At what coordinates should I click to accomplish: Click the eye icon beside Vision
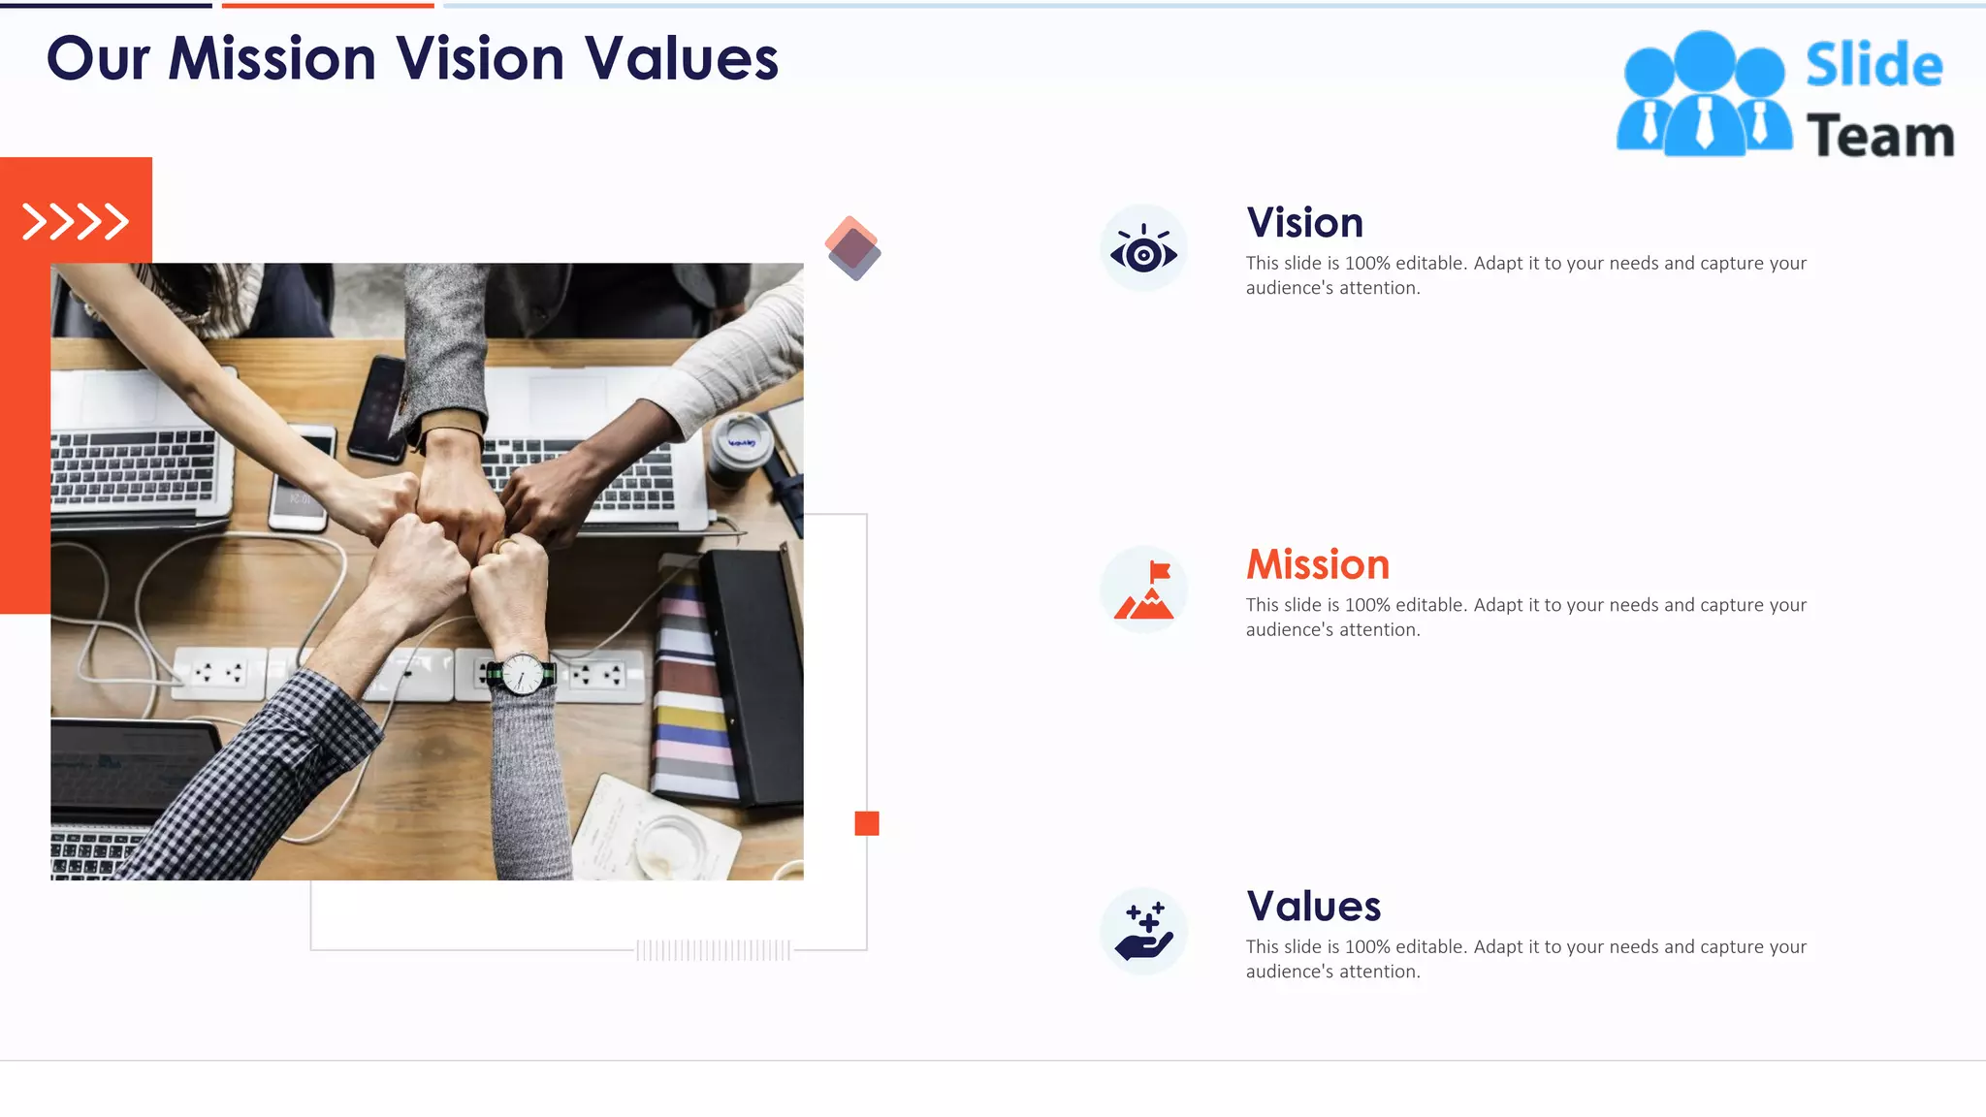[1143, 249]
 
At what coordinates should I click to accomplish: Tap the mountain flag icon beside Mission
[1144, 590]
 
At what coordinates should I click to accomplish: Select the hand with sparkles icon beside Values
[1144, 932]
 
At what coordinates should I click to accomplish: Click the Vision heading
[1304, 223]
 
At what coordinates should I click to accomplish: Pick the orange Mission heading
[1317, 564]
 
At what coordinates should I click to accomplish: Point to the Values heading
[1313, 907]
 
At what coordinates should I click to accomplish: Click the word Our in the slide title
[98, 59]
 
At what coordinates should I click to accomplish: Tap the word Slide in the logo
[1874, 66]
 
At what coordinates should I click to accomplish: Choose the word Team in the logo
[1879, 136]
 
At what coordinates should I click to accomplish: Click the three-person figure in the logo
[1704, 95]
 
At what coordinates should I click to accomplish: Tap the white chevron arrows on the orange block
[76, 222]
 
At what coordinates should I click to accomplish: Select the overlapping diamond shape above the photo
[852, 248]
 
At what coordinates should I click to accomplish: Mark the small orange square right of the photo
[867, 823]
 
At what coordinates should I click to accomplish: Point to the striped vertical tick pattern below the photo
[713, 950]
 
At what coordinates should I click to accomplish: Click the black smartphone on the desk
[377, 408]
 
